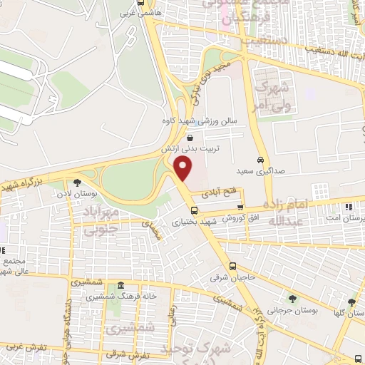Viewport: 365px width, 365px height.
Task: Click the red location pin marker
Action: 184,168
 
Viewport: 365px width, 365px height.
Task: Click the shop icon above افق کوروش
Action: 240,207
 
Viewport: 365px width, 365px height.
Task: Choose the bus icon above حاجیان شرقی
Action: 211,266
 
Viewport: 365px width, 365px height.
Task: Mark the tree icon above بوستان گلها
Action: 351,302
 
